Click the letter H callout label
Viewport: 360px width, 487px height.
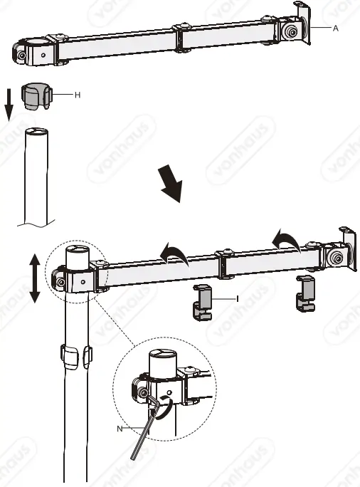point(76,94)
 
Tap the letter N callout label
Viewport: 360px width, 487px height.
point(121,428)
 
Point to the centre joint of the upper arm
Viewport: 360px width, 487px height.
point(181,38)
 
